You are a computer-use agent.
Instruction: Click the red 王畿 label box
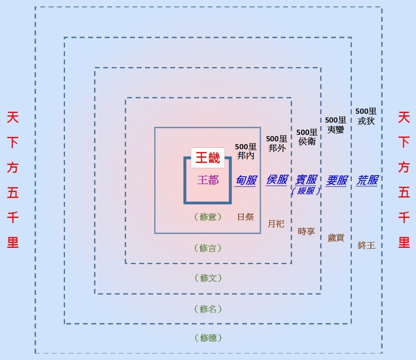(208, 158)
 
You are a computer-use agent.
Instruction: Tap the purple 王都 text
(208, 180)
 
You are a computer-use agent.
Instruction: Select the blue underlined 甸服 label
(246, 180)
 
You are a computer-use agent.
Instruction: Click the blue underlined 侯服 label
(277, 180)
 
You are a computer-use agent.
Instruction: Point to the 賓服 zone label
(306, 180)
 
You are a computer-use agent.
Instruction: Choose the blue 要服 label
(336, 180)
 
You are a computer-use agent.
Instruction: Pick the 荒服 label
(367, 180)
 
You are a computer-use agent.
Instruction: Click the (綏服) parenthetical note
(306, 191)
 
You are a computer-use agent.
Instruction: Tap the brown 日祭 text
(246, 217)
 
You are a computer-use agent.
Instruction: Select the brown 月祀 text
(276, 223)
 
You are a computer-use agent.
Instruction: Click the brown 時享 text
(306, 231)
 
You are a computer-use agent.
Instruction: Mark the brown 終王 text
(366, 245)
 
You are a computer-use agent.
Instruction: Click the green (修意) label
(208, 217)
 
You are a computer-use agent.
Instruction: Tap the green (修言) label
(208, 248)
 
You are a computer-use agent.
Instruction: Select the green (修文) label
(208, 278)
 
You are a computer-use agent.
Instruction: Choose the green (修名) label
(208, 309)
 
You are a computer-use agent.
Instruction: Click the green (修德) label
(208, 338)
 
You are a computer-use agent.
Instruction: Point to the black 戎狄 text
(366, 121)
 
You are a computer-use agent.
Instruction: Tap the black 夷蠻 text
(336, 130)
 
